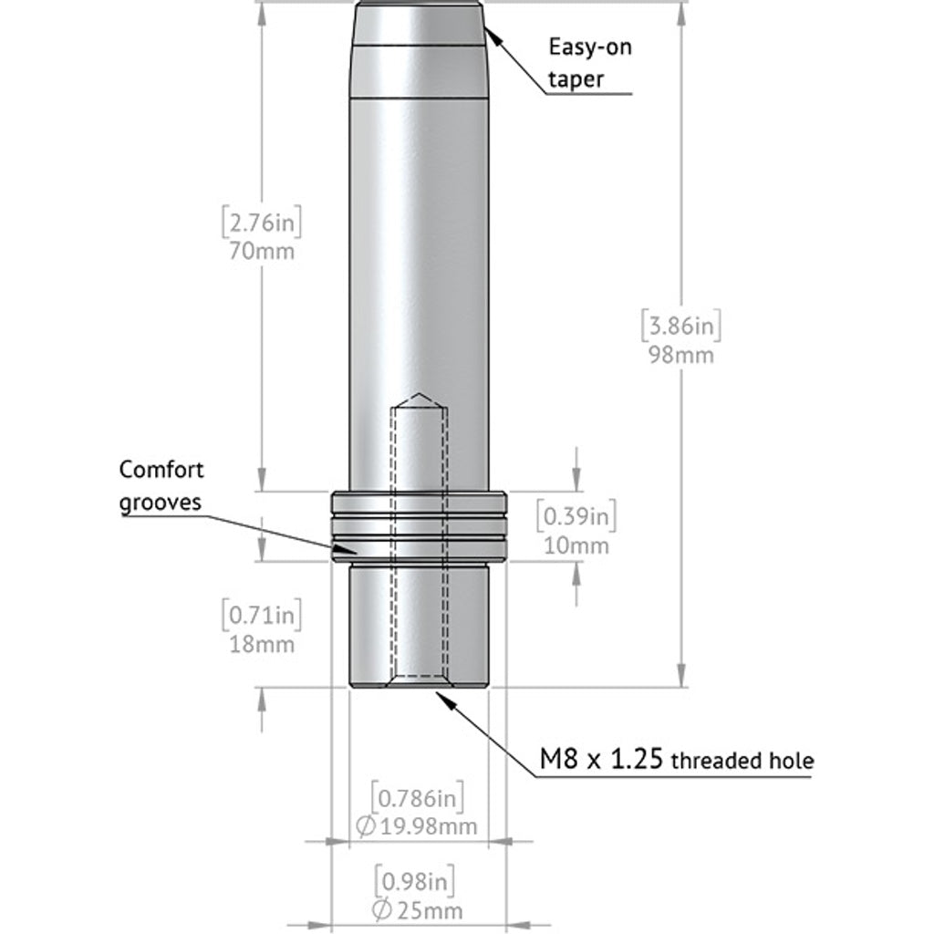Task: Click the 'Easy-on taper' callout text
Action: tap(589, 62)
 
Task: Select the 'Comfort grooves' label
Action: tap(161, 486)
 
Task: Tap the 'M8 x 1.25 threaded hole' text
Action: tap(676, 759)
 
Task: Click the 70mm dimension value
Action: tap(262, 250)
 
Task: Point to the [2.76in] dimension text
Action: tap(261, 222)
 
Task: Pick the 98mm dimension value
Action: tap(680, 354)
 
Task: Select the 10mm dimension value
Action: tap(576, 545)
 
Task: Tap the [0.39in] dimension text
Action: tap(576, 517)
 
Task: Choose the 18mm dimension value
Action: tap(262, 643)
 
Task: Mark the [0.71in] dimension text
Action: tap(262, 615)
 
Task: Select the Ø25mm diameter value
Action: tap(419, 909)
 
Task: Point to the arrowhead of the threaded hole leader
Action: tap(441, 695)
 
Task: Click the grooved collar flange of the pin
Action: tap(419, 526)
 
